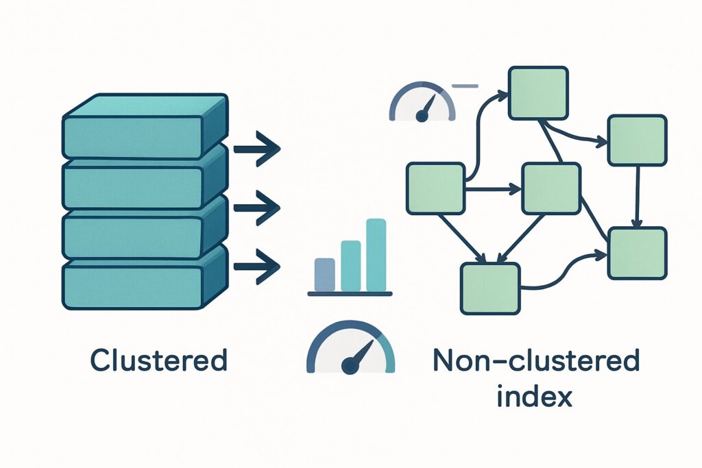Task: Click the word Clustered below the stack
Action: click(x=158, y=360)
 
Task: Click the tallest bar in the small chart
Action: click(x=376, y=255)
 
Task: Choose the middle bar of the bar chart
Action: click(x=350, y=266)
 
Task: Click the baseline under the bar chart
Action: click(x=350, y=294)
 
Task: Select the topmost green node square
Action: click(x=538, y=91)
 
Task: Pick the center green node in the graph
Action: click(x=551, y=188)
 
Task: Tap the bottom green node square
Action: click(x=489, y=288)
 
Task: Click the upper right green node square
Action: click(x=637, y=140)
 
